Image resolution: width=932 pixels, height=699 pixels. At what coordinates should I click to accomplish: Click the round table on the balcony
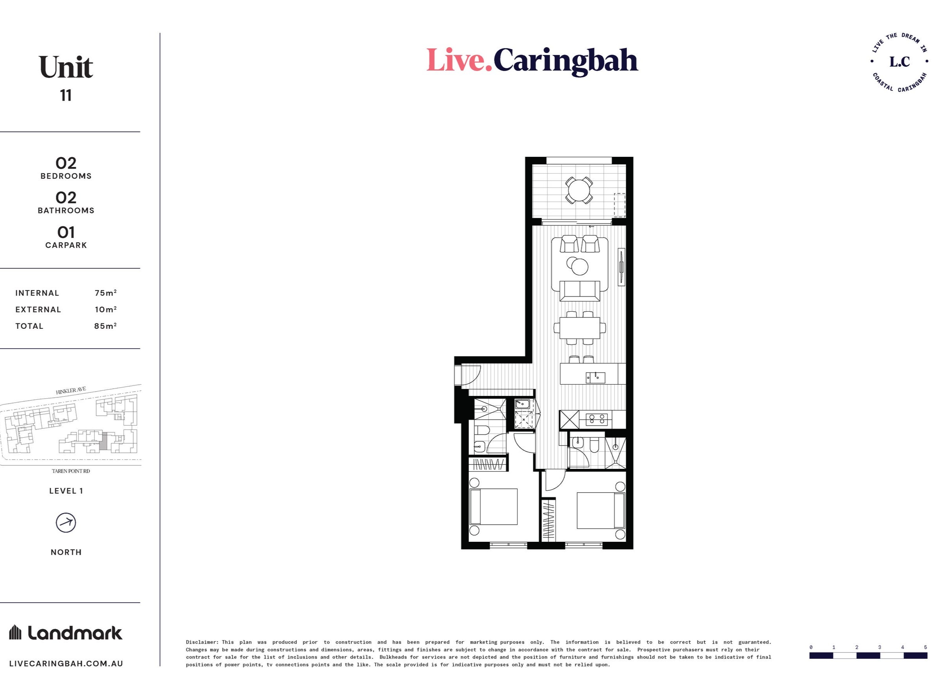tap(579, 190)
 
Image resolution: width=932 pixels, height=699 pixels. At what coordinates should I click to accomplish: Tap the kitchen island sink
tap(595, 378)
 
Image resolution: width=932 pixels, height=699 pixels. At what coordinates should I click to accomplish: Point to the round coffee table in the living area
tap(578, 266)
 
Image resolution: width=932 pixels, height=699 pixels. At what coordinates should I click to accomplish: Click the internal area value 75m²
tap(106, 293)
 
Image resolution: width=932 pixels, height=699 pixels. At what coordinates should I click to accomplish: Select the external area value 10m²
tap(106, 309)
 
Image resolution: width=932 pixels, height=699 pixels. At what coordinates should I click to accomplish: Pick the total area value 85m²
tap(106, 326)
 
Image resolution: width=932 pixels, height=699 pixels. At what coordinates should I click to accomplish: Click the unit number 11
tap(66, 96)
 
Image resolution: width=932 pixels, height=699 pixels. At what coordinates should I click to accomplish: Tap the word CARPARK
tap(66, 245)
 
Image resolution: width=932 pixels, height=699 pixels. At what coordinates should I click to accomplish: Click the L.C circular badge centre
tap(900, 62)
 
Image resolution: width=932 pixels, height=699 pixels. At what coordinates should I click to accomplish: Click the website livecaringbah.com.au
tap(66, 664)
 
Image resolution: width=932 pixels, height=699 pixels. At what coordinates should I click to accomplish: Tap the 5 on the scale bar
tap(925, 647)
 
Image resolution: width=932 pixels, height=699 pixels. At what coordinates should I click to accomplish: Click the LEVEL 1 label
tap(66, 491)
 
